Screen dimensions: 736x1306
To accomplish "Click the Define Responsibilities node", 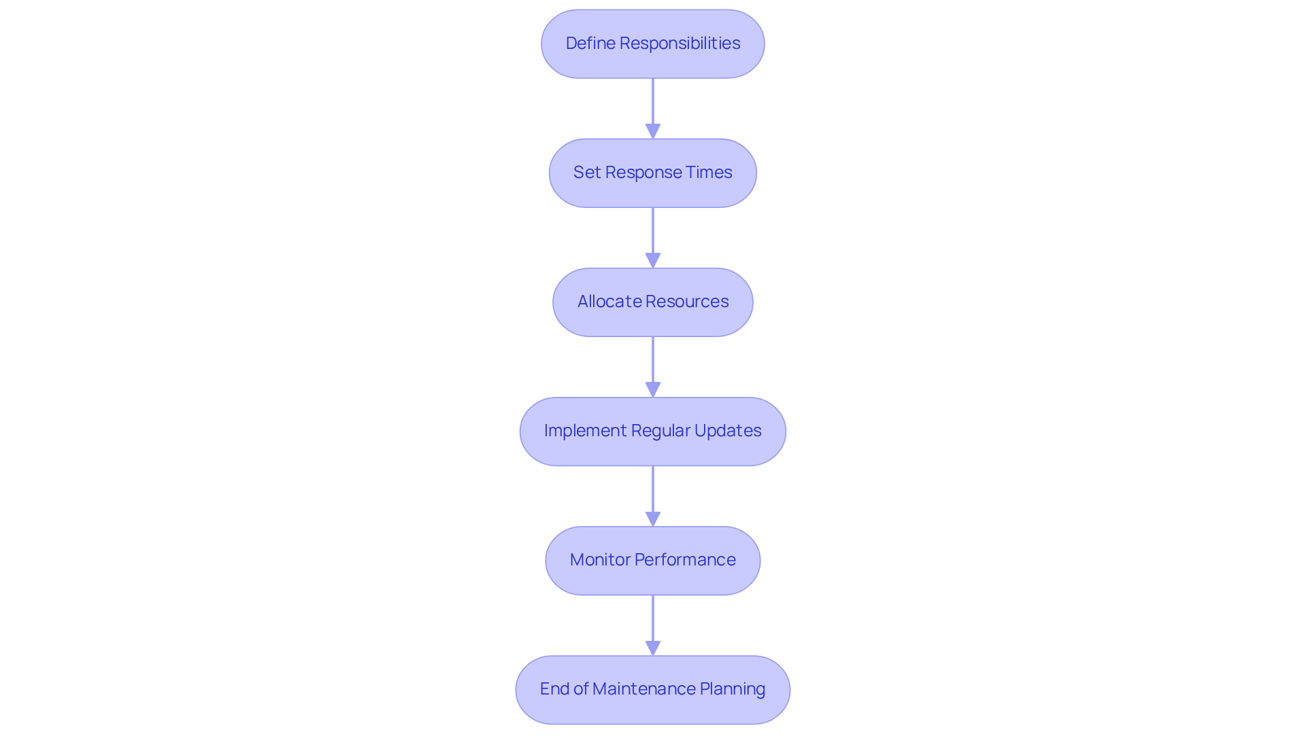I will [x=652, y=43].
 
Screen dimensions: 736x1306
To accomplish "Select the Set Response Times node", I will [x=652, y=173].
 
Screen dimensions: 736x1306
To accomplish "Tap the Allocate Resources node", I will [x=652, y=302].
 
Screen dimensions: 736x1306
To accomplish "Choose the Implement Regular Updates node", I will [x=652, y=431].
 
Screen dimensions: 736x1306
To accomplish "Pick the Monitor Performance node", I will [x=652, y=560].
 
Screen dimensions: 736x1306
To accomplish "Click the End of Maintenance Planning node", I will [x=652, y=689].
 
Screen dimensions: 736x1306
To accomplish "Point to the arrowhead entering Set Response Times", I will [x=653, y=131].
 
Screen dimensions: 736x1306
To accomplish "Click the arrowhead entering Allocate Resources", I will [x=653, y=260].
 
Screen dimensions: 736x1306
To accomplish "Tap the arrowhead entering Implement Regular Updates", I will [x=653, y=389].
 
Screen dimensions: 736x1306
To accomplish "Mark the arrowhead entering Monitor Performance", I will [x=653, y=519].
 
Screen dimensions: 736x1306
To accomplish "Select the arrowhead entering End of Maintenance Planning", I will [x=653, y=648].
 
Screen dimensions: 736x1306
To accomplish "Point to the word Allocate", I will [x=603, y=302].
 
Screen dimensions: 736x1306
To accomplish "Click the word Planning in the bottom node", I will [x=733, y=689].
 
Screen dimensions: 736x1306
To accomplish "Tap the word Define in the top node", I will [x=590, y=43].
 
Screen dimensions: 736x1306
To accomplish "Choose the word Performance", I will [x=685, y=560].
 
